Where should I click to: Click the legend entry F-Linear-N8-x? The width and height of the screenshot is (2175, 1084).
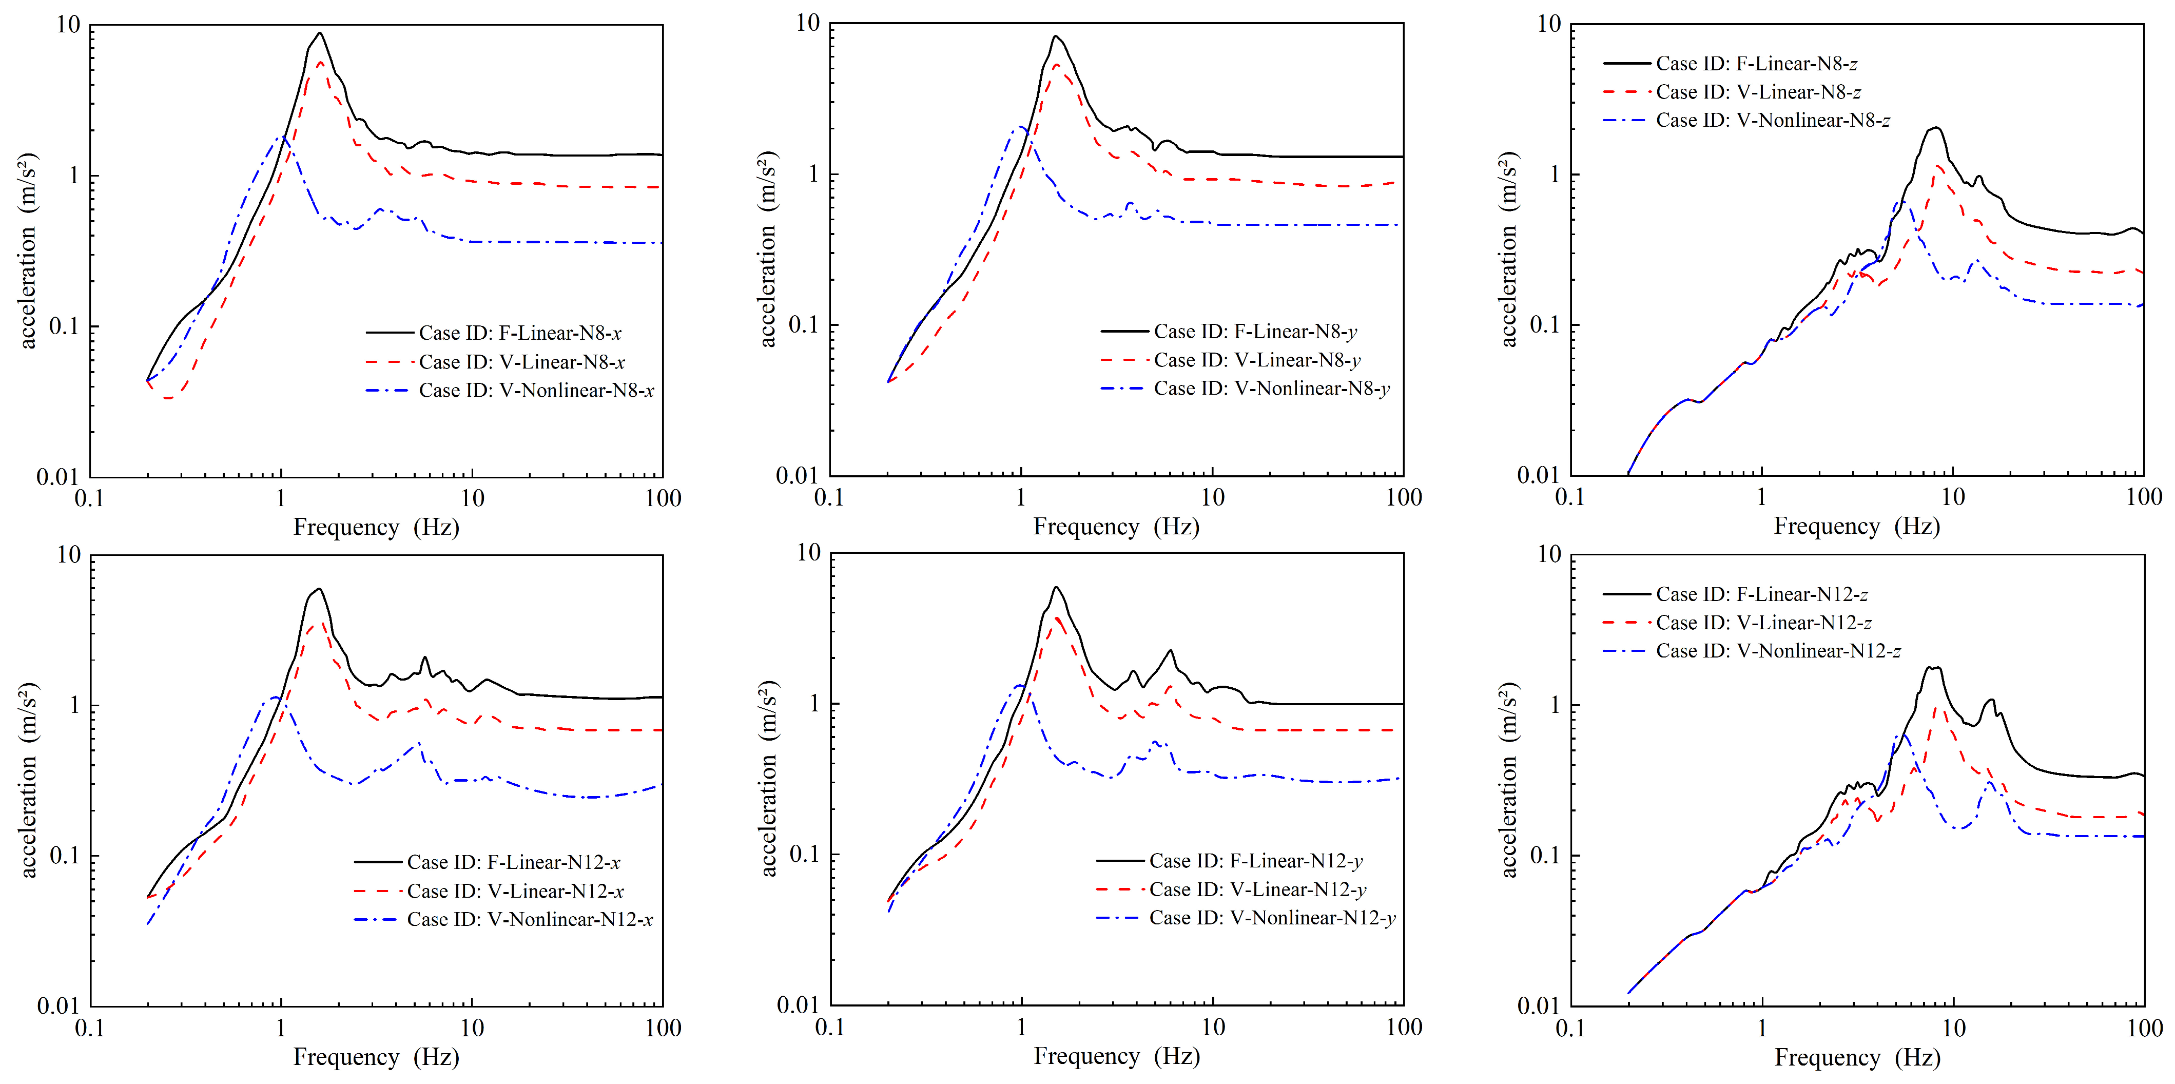(x=494, y=333)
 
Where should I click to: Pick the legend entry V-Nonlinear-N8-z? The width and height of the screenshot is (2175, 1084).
(x=1746, y=120)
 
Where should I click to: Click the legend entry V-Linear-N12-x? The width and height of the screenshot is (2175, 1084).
(x=489, y=891)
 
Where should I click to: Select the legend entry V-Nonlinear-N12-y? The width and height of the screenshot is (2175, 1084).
(x=1246, y=918)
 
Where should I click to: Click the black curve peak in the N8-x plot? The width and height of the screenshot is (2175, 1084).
(x=319, y=34)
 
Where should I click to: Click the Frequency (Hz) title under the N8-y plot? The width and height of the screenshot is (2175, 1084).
(x=1116, y=527)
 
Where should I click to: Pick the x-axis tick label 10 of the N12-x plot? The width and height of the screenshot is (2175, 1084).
(x=472, y=1028)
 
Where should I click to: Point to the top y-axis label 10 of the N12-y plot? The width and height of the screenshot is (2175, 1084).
(x=809, y=553)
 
